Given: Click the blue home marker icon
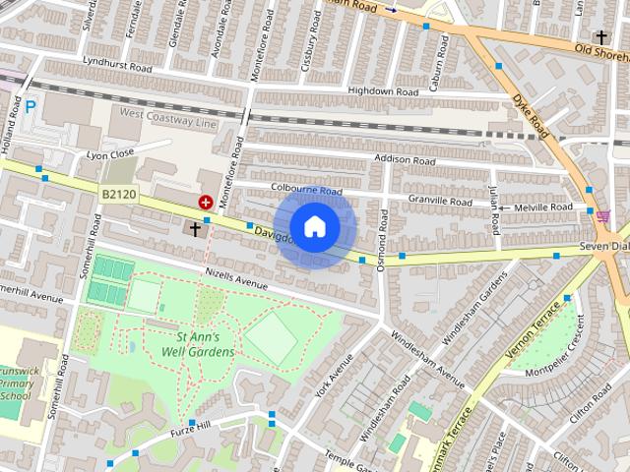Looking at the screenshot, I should [x=314, y=227].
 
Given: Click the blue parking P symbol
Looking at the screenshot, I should [x=31, y=105].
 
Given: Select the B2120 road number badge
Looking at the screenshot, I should [x=118, y=197].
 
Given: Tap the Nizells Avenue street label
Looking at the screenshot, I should [x=236, y=279].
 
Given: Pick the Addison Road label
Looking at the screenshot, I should [x=404, y=159].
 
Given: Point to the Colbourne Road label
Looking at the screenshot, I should [x=306, y=191].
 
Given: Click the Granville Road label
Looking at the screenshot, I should [x=440, y=201].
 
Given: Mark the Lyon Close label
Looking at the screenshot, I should [x=109, y=154].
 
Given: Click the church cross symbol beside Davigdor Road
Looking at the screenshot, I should [x=195, y=229].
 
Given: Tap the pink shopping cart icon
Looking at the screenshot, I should [x=602, y=215].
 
